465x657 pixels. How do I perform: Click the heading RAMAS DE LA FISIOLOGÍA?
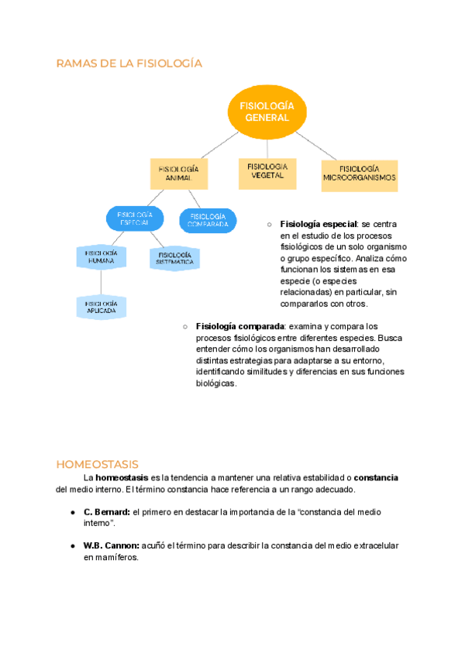pos(129,64)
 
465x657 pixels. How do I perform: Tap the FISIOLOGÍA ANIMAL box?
pos(178,174)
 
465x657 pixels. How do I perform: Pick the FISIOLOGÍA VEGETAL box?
pos(267,171)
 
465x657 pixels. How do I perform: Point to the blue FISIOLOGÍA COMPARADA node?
pos(208,220)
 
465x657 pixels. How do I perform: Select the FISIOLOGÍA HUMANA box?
pos(101,257)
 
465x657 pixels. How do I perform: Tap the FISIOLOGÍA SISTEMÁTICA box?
pos(174,259)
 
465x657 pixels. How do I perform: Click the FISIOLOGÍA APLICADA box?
pos(101,307)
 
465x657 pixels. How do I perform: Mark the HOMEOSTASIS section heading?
pos(97,465)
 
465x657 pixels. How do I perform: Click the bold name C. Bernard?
pos(107,512)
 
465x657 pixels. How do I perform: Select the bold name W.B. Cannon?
pos(112,545)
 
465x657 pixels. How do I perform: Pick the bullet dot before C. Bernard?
pos(72,512)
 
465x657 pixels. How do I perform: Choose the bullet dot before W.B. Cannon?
pos(72,545)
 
